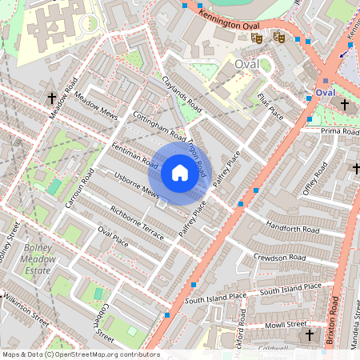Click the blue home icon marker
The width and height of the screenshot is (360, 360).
pyautogui.click(x=180, y=173)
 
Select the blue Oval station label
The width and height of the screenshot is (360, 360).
pyautogui.click(x=324, y=93)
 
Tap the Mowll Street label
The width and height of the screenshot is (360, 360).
pyautogui.click(x=285, y=325)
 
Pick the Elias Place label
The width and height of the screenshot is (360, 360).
pyautogui.click(x=271, y=104)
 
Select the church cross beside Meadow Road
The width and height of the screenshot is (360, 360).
pyautogui.click(x=52, y=98)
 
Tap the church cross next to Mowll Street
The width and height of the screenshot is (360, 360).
pyautogui.click(x=310, y=335)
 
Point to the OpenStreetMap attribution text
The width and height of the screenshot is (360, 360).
pyautogui.click(x=80, y=354)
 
